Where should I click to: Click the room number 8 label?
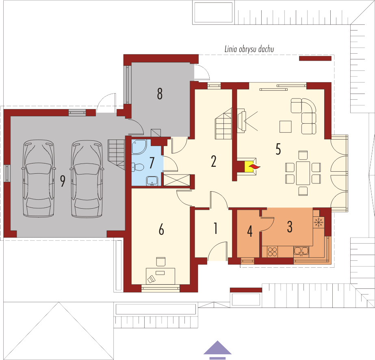[160, 94]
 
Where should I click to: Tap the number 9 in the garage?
[63, 181]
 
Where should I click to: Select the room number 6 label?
[161, 229]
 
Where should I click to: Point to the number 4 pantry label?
[250, 231]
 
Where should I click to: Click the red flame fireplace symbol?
[254, 167]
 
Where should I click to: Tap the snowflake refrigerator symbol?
[318, 222]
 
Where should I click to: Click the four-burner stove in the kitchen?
[272, 252]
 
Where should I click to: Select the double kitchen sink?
[301, 251]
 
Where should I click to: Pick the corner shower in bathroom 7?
[139, 146]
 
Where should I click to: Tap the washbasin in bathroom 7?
[152, 181]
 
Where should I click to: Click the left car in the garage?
[39, 179]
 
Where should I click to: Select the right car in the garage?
[87, 179]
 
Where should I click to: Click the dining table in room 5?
[303, 173]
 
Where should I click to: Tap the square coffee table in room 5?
[286, 127]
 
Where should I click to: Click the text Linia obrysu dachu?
[249, 49]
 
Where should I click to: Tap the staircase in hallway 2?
[223, 124]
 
